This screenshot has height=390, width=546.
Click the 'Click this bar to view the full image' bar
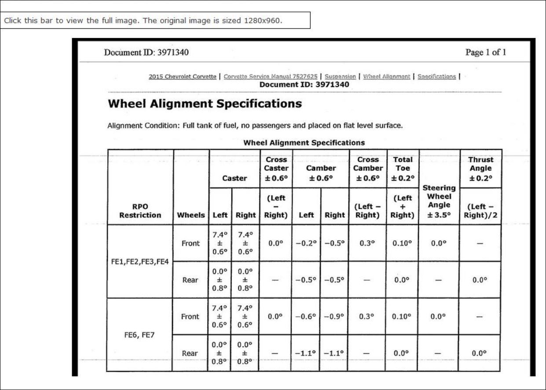point(155,21)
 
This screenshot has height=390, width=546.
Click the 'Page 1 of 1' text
point(486,53)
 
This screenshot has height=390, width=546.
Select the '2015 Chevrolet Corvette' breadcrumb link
point(183,77)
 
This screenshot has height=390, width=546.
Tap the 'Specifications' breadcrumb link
point(436,77)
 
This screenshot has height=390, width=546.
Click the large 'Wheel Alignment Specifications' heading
point(205,104)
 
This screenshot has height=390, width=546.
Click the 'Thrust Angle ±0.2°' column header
point(481,168)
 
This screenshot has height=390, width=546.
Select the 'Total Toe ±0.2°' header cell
point(403,168)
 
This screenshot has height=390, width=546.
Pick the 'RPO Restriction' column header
point(140,211)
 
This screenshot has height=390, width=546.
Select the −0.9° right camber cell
point(334,316)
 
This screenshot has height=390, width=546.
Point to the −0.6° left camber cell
point(306,316)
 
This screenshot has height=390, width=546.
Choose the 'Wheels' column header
point(191,215)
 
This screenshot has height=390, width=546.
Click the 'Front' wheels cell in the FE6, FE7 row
point(191,316)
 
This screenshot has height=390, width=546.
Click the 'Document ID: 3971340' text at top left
point(146,53)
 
